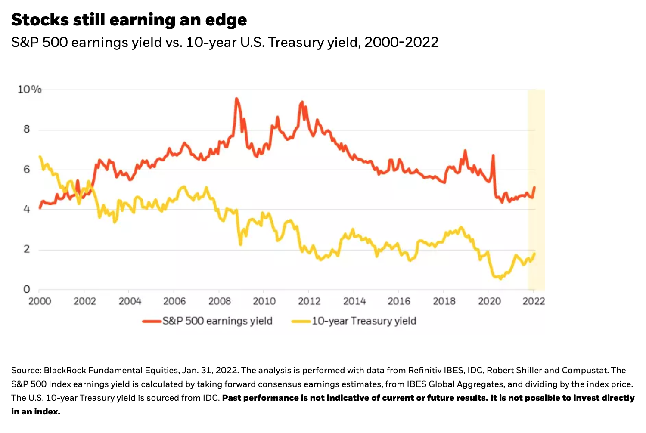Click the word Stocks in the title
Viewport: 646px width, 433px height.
tap(39, 20)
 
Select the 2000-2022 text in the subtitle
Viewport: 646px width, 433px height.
tap(401, 42)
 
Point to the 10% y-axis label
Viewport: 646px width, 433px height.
tap(29, 90)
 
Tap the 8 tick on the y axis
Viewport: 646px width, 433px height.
tap(27, 129)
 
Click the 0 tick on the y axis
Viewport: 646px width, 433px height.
tap(27, 289)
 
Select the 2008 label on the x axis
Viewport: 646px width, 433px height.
tap(220, 301)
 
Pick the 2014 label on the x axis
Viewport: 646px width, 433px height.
tap(354, 301)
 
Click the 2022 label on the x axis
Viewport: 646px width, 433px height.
tap(534, 301)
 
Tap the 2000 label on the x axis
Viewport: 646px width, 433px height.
tap(40, 301)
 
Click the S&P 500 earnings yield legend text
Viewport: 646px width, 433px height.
tap(217, 321)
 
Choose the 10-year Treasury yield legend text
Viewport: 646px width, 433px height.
tap(364, 321)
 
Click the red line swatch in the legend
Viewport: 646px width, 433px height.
tap(152, 321)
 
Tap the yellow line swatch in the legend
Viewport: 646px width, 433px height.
tap(301, 321)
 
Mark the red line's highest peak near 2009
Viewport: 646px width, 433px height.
tap(236, 99)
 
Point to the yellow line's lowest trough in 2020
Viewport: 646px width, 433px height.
tap(500, 279)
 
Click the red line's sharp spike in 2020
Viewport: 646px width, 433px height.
tap(493, 155)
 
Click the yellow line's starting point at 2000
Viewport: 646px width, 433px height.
tap(40, 156)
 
